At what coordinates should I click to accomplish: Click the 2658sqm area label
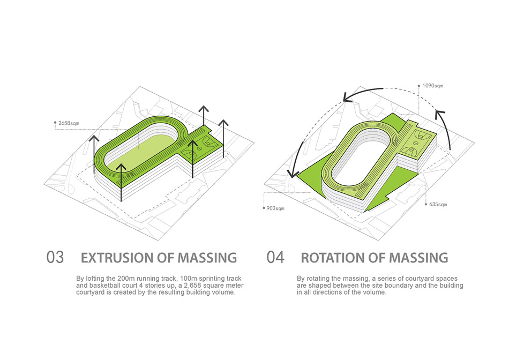pyautogui.click(x=69, y=123)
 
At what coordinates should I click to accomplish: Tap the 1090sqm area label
pyautogui.click(x=433, y=86)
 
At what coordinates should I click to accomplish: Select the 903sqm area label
pyautogui.click(x=275, y=208)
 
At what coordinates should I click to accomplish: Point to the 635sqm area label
pyautogui.click(x=438, y=204)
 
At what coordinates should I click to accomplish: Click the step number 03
pyautogui.click(x=55, y=258)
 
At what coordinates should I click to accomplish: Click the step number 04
pyautogui.click(x=275, y=258)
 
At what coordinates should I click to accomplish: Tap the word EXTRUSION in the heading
pyautogui.click(x=117, y=258)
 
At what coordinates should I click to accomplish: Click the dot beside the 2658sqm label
pyautogui.click(x=55, y=123)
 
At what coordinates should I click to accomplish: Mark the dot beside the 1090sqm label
pyautogui.click(x=419, y=86)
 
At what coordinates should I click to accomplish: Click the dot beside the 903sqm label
pyautogui.click(x=264, y=208)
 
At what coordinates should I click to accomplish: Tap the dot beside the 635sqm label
pyautogui.click(x=426, y=204)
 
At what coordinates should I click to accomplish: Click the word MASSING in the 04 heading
pyautogui.click(x=419, y=258)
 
